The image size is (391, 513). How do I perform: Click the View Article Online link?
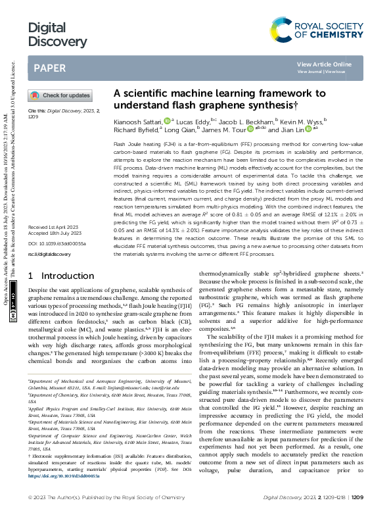pyautogui.click(x=324, y=64)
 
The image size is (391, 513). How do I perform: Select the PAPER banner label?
pyautogui.click(x=49, y=68)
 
